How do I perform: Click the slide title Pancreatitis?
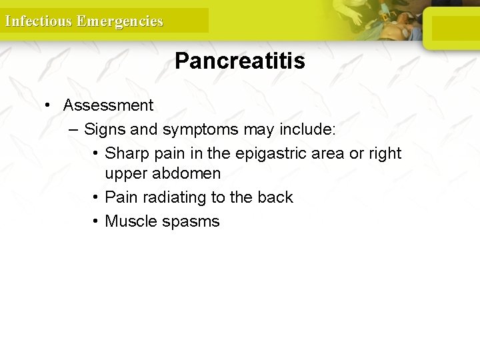point(239,61)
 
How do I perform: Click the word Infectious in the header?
point(38,21)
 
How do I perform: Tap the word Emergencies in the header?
point(119,21)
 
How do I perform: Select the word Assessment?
point(108,105)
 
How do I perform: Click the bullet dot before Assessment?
point(48,105)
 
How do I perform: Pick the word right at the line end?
point(384,153)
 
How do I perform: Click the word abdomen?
point(187,174)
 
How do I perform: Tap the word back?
point(276,197)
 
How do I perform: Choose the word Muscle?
point(131,221)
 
